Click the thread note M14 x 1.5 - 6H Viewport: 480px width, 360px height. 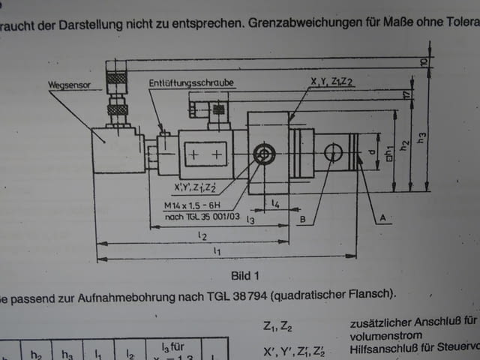point(191,205)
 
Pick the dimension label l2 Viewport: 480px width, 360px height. point(200,235)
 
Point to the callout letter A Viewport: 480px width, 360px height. point(383,217)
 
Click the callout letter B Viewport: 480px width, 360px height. point(303,218)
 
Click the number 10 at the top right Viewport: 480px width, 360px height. point(424,62)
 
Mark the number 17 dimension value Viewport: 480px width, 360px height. point(406,95)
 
